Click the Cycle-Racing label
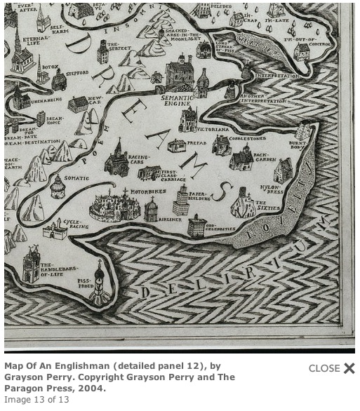tap(76, 224)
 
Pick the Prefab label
tap(197, 143)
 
